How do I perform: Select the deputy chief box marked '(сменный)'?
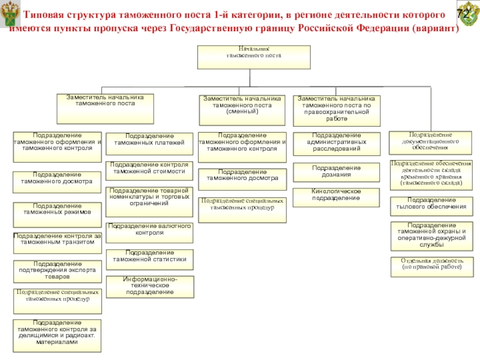click(x=241, y=110)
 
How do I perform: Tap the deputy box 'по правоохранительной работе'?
click(x=336, y=110)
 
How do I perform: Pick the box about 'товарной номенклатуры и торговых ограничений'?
click(x=149, y=202)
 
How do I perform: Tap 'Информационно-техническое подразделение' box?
click(x=149, y=287)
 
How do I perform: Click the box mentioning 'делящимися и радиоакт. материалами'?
click(x=58, y=335)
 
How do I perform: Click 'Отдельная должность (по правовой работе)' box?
click(x=431, y=266)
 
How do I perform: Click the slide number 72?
click(x=464, y=14)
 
